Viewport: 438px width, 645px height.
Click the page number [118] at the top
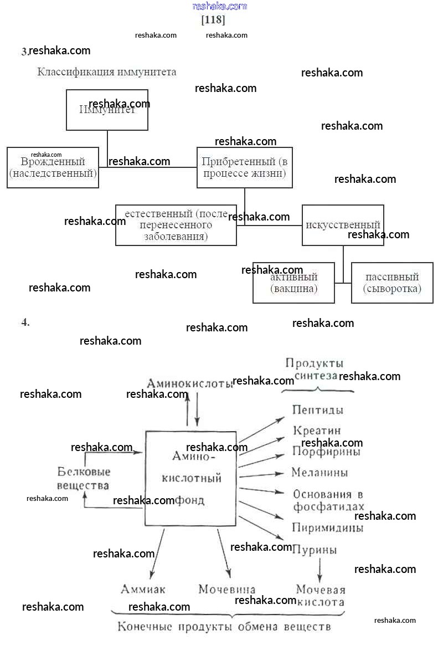click(213, 21)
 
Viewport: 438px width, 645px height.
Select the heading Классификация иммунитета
click(107, 72)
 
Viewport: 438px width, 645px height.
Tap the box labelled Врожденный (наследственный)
click(53, 167)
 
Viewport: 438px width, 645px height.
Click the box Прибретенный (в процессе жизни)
click(244, 167)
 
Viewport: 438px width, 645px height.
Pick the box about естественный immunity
click(176, 226)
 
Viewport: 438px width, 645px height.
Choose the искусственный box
click(343, 225)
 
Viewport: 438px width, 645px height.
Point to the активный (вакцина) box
click(293, 283)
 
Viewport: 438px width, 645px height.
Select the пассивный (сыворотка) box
click(392, 283)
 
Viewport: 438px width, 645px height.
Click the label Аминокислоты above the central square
click(190, 383)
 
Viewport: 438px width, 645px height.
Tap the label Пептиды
click(318, 411)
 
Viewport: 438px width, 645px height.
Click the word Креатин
click(317, 431)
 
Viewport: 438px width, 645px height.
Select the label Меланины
click(320, 473)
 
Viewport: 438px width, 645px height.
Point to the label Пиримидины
click(328, 528)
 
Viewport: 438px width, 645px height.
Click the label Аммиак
click(143, 590)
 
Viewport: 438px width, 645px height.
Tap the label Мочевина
click(227, 590)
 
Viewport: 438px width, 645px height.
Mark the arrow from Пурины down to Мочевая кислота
click(320, 568)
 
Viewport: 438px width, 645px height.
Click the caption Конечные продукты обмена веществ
click(224, 627)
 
